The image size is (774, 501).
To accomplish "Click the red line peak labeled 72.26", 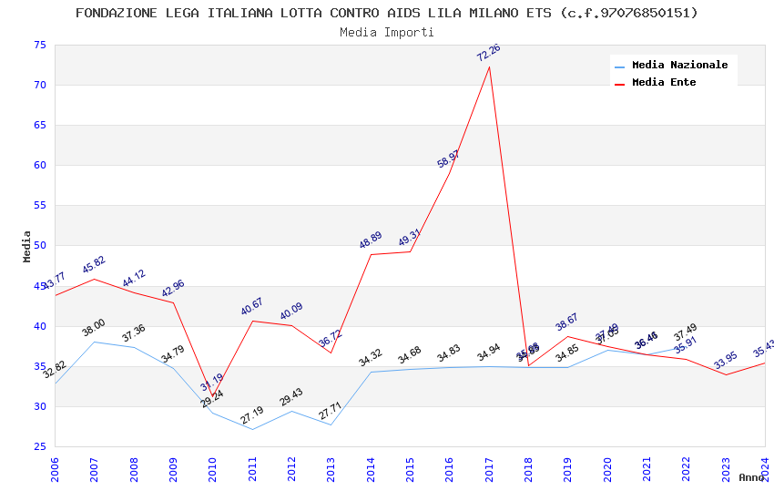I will click(489, 66).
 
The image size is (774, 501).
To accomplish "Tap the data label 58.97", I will click(449, 159).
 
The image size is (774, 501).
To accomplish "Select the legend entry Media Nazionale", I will click(679, 65).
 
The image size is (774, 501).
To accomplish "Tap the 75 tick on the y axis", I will click(38, 46).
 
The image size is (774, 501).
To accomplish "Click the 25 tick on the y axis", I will click(38, 446).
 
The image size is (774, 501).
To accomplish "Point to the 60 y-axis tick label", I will click(38, 166).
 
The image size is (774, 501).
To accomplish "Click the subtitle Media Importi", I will click(387, 32).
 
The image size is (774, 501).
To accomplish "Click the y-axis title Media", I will click(27, 246).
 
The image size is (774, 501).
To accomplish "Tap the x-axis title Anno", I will click(751, 477).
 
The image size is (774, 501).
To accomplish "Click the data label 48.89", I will click(371, 240).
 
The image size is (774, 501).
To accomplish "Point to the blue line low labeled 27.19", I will click(252, 429).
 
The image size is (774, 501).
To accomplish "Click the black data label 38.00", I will click(94, 328).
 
